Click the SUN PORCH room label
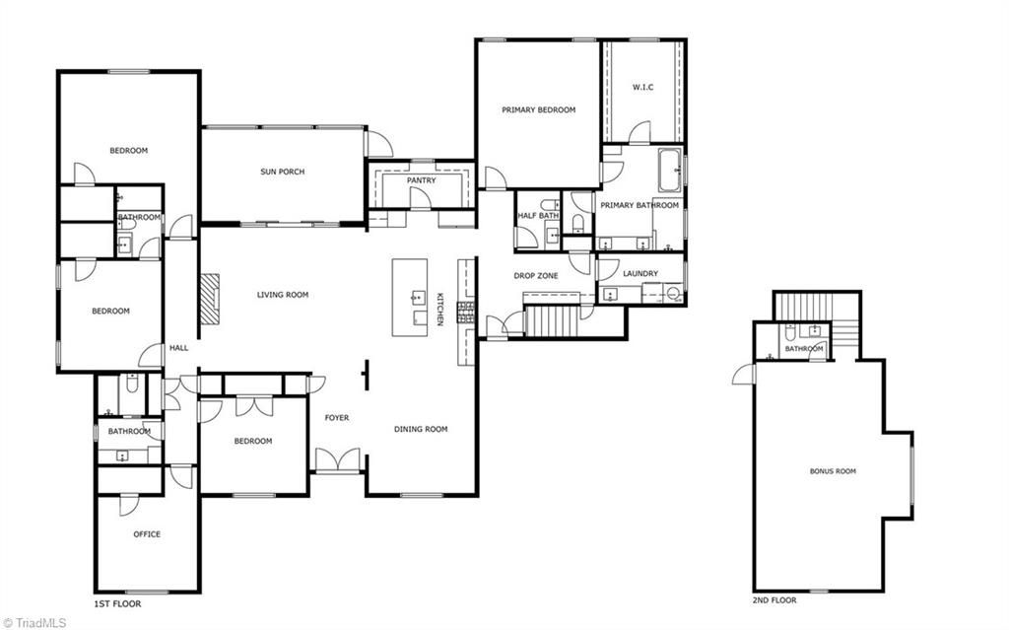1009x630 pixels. pyautogui.click(x=282, y=172)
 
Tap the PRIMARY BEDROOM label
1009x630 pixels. pyautogui.click(x=538, y=109)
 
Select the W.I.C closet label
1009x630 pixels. pyautogui.click(x=642, y=87)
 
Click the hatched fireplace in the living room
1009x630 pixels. pyautogui.click(x=209, y=294)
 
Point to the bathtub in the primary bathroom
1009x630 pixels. pyautogui.click(x=669, y=170)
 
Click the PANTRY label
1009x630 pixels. pyautogui.click(x=421, y=180)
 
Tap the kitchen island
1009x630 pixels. pyautogui.click(x=410, y=297)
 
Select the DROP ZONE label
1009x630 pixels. pyautogui.click(x=535, y=276)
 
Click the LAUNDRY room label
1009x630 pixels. pyautogui.click(x=639, y=273)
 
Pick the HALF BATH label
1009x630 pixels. pyautogui.click(x=538, y=216)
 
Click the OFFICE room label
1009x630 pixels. pyautogui.click(x=147, y=534)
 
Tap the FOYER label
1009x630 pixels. pyautogui.click(x=337, y=418)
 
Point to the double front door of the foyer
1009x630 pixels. pyautogui.click(x=337, y=461)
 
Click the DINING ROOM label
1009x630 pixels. pyautogui.click(x=421, y=429)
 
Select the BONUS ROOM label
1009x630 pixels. pyautogui.click(x=833, y=471)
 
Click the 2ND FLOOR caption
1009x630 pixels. pyautogui.click(x=774, y=599)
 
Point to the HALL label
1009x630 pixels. pyautogui.click(x=178, y=347)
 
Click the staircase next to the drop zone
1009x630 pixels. pyautogui.click(x=551, y=320)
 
